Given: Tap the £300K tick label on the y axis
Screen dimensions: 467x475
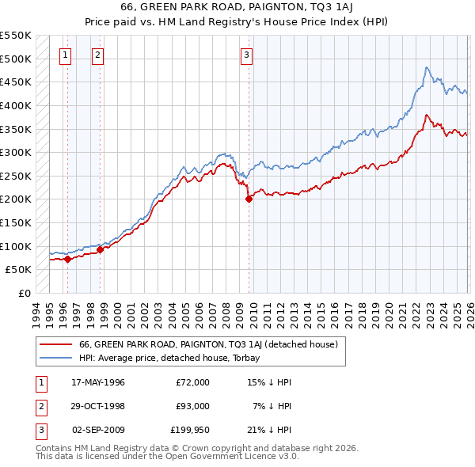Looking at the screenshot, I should pos(16,152).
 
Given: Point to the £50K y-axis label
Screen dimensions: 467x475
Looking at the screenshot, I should pos(18,270).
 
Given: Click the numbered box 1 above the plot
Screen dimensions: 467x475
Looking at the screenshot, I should pos(64,55).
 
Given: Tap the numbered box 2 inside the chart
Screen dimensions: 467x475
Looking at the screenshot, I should pos(97,55).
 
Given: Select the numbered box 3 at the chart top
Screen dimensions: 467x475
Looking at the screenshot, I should pos(246,55).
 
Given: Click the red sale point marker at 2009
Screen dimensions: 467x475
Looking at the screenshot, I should pos(249,199).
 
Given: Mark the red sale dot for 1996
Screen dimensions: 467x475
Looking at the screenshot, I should pos(68,259).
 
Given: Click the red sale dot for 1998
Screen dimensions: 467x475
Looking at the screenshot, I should pos(101,249).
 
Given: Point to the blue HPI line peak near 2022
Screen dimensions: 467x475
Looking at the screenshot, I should pos(426,68).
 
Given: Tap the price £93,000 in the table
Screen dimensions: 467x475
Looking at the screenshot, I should pos(192,406).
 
